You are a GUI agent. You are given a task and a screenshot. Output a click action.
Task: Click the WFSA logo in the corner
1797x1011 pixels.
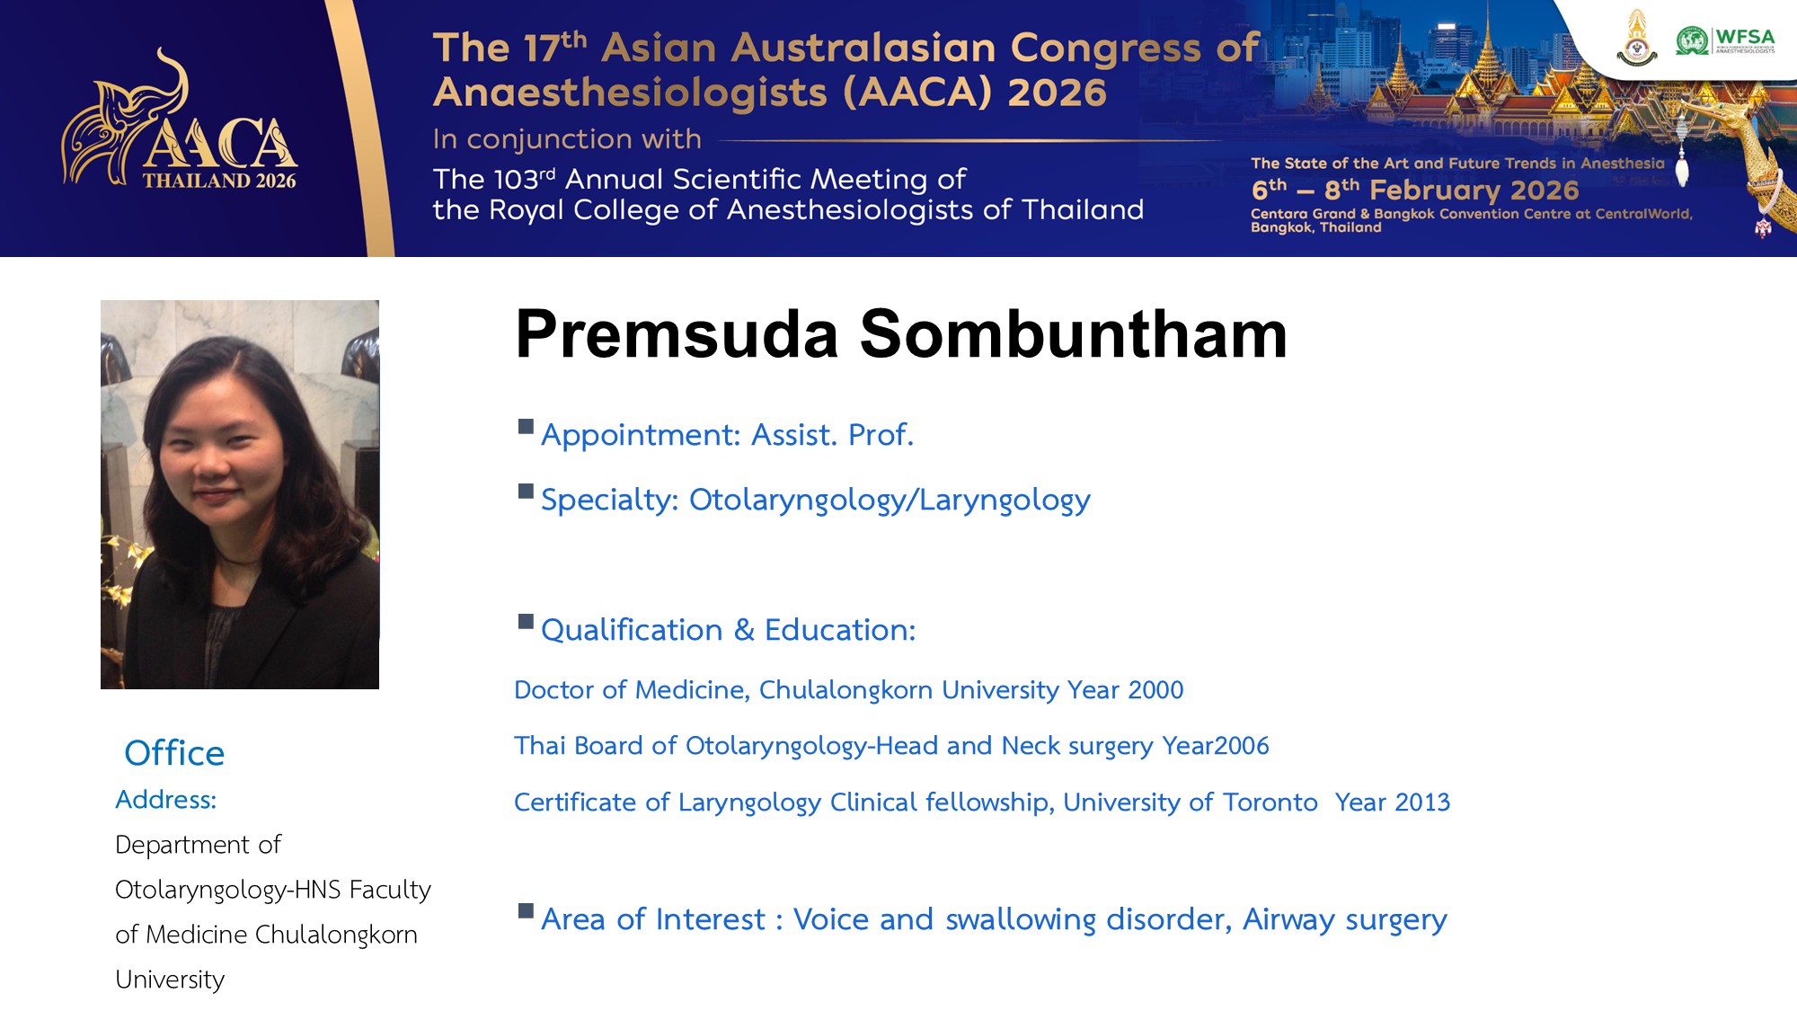point(1725,40)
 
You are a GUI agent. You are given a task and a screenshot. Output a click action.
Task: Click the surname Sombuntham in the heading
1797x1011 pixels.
point(1073,334)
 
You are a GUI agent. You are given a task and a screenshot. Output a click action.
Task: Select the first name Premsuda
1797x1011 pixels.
point(677,334)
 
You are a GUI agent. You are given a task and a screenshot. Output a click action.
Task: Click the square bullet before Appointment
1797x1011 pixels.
point(526,427)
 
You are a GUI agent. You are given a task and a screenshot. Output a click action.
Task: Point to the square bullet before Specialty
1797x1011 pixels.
point(526,492)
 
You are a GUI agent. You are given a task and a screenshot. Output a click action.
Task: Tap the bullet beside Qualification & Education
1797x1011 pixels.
point(526,622)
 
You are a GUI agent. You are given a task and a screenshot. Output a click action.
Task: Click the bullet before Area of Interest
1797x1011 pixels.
point(526,911)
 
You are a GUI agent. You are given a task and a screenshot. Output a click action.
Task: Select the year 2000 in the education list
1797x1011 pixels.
point(1155,690)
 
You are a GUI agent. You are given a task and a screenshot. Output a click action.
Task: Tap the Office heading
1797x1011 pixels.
point(174,753)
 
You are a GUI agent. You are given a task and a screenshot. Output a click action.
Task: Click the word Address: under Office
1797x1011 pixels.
point(166,800)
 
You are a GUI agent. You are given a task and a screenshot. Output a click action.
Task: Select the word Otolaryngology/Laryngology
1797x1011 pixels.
point(890,501)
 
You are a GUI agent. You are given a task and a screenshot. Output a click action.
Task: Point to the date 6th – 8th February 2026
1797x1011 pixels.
point(1415,190)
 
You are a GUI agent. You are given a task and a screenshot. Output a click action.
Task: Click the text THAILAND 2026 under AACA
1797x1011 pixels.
point(219,181)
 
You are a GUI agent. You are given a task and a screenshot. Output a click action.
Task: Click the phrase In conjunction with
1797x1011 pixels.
point(567,139)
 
